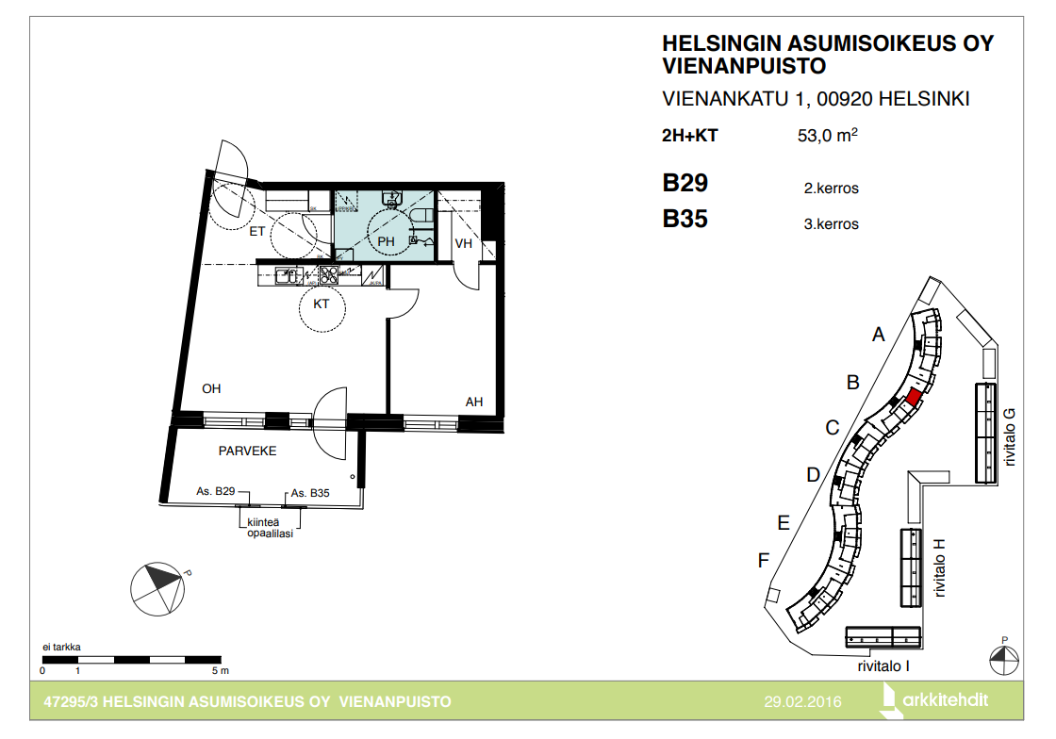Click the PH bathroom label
coord(386,241)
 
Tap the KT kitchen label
coord(322,304)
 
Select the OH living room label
coord(211,388)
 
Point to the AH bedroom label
coord(474,402)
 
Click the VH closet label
coord(463,243)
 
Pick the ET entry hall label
coord(257,232)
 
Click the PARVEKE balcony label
coord(247,451)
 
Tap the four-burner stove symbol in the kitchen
coord(329,274)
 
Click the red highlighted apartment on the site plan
coord(913,397)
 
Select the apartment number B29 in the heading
coord(685,183)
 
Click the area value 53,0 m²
coord(828,135)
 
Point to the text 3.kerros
coord(831,224)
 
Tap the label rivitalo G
coord(1009,437)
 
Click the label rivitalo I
coord(883,665)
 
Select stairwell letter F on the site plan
coord(763,560)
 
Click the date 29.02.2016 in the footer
coord(802,702)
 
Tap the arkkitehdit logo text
coord(945,700)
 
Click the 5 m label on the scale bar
coord(221,670)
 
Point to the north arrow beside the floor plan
coord(157,589)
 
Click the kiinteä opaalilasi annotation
coord(270,528)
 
